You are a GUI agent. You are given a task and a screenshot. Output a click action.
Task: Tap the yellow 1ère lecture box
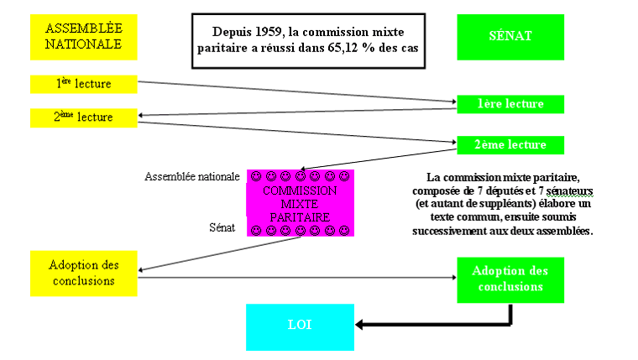coord(83,84)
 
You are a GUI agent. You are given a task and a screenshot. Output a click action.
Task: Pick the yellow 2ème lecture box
coord(83,117)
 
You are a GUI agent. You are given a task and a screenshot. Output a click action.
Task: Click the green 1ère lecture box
coord(510,104)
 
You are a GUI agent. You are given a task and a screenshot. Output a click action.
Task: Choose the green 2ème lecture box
coord(510,144)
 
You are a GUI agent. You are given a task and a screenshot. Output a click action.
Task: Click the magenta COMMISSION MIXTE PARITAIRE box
coord(300,203)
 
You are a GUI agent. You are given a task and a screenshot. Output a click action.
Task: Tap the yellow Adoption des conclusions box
coord(83,273)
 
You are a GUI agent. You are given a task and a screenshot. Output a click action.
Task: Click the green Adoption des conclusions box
coord(510,279)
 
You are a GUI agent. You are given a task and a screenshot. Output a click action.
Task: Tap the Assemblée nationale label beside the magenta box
coord(191,177)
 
